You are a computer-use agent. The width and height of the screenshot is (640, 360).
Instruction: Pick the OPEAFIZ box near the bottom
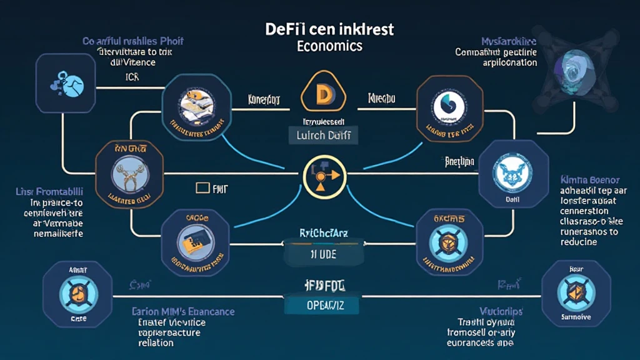click(322, 305)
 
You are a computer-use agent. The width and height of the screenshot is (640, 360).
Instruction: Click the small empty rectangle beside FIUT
click(202, 187)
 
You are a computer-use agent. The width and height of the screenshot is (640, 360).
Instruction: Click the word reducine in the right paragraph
click(579, 242)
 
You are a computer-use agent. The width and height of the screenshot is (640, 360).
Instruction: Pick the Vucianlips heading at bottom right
click(501, 311)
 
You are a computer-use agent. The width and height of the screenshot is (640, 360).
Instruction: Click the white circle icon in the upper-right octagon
click(449, 104)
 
